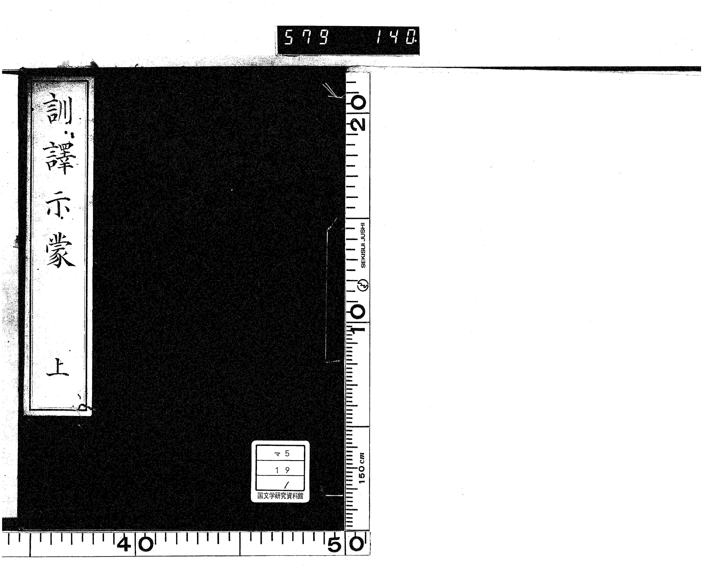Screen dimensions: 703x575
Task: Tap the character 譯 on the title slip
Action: coord(60,157)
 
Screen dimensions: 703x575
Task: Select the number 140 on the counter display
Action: coord(396,37)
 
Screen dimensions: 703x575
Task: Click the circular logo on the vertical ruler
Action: coord(363,285)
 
